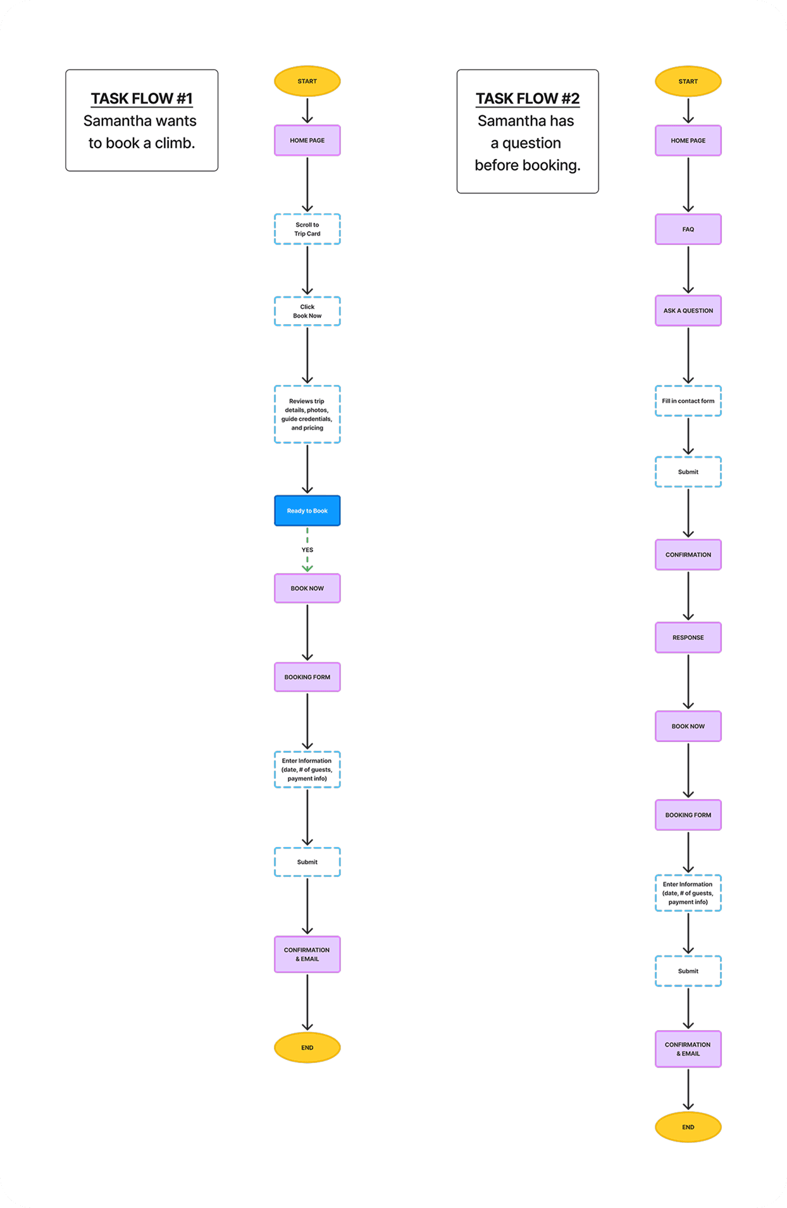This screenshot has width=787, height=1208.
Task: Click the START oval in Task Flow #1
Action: click(x=307, y=81)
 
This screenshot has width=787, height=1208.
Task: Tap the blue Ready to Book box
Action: click(x=307, y=510)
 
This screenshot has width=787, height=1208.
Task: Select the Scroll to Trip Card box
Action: click(x=307, y=229)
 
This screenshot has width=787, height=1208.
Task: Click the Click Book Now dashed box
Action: click(x=307, y=311)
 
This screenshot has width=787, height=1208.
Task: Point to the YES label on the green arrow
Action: click(x=307, y=550)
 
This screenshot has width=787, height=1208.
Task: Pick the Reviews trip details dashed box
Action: click(x=307, y=414)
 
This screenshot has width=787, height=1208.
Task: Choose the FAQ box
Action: click(x=688, y=229)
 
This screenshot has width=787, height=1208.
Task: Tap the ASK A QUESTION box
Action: click(x=688, y=311)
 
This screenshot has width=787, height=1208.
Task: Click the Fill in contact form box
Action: click(x=688, y=401)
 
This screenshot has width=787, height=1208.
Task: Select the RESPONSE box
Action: click(x=688, y=638)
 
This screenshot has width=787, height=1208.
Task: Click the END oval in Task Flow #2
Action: click(x=688, y=1127)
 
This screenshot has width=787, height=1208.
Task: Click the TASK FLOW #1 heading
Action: click(x=142, y=99)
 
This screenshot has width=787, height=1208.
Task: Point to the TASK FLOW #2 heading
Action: click(x=528, y=99)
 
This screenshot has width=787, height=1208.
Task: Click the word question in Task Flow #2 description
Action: click(x=531, y=143)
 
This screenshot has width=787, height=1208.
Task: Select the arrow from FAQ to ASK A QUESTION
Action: click(x=688, y=269)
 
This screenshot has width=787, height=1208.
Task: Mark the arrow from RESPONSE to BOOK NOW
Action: click(x=688, y=681)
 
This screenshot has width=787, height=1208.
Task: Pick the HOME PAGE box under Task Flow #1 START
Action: click(x=307, y=141)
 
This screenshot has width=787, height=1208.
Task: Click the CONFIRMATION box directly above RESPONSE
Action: click(x=688, y=555)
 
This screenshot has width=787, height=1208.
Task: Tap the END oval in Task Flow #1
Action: click(x=307, y=1048)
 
